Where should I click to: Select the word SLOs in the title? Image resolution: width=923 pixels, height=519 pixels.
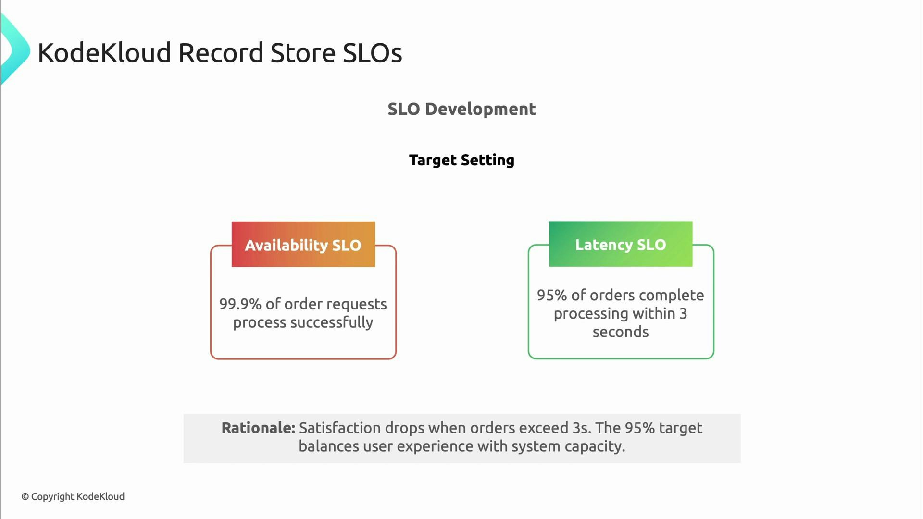pyautogui.click(x=372, y=52)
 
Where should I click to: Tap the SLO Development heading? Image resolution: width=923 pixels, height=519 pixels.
pyautogui.click(x=461, y=109)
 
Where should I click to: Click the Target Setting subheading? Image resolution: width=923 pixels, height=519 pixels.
pyautogui.click(x=461, y=160)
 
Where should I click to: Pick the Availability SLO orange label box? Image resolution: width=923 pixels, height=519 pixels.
pyautogui.click(x=303, y=245)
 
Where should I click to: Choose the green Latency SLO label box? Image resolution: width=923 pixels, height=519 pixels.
pyautogui.click(x=620, y=244)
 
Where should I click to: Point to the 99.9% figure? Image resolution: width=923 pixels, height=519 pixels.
pyautogui.click(x=240, y=304)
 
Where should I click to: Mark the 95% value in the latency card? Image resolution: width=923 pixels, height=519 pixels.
pyautogui.click(x=552, y=295)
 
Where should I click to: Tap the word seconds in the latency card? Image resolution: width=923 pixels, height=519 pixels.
pyautogui.click(x=620, y=332)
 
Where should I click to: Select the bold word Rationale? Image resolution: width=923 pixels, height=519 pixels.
pyautogui.click(x=258, y=428)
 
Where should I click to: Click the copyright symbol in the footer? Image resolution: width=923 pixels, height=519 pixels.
pyautogui.click(x=25, y=497)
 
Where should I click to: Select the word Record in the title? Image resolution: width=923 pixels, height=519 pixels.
pyautogui.click(x=221, y=52)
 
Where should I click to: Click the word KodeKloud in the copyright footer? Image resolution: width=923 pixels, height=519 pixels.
pyautogui.click(x=100, y=496)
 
